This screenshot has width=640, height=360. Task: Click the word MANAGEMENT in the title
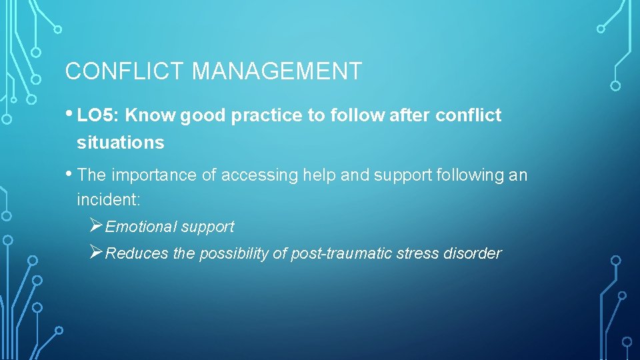pos(277,71)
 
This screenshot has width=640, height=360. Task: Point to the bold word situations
pos(120,142)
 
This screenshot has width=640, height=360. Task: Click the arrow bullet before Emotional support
pos(95,226)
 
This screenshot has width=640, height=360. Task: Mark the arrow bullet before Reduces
pos(95,253)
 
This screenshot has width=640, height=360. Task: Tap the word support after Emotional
pos(207,227)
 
